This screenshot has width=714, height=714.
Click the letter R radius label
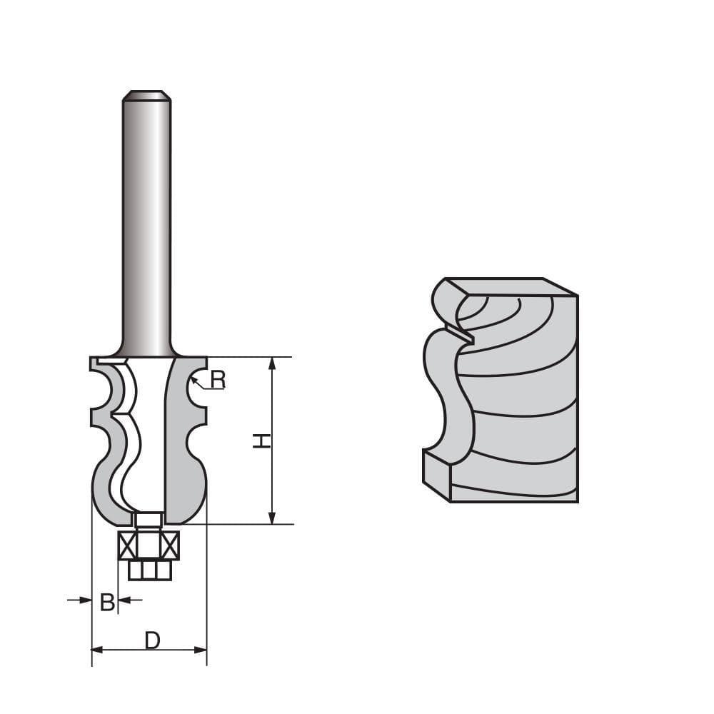(218, 380)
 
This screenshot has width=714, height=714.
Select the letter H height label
(262, 441)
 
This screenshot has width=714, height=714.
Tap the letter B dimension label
(107, 603)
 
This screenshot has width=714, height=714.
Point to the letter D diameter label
(152, 641)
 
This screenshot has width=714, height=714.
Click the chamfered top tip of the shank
(146, 95)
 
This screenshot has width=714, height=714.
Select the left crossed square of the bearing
(127, 546)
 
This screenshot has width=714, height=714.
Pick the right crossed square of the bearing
(170, 546)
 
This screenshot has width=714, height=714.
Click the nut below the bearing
(149, 570)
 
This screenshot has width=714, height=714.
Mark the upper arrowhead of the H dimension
(271, 363)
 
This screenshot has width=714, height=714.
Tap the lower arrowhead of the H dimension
(271, 517)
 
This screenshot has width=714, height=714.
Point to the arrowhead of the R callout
(193, 382)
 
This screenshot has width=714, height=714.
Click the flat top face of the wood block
(511, 286)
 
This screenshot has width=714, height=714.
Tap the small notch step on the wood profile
(461, 332)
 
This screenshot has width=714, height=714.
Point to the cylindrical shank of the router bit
(146, 228)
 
